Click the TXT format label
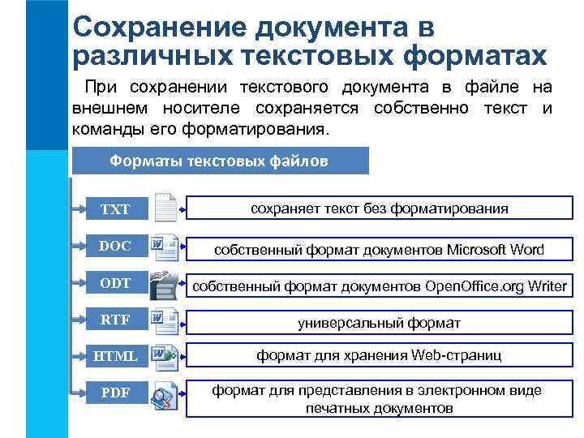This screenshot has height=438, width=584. click(x=115, y=209)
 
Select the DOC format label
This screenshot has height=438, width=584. click(x=115, y=246)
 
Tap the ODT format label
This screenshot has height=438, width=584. click(x=115, y=282)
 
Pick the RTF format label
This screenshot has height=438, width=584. click(x=115, y=319)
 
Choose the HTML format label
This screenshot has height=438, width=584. click(x=115, y=356)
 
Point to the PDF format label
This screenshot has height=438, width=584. click(x=115, y=393)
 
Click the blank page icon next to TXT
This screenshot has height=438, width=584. click(x=165, y=208)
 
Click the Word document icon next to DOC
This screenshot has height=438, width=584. click(x=165, y=246)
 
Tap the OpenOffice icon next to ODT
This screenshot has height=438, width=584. click(x=165, y=284)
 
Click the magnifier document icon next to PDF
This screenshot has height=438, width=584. click(x=165, y=395)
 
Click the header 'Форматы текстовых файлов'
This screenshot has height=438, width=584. click(x=219, y=161)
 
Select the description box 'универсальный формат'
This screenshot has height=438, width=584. click(x=379, y=323)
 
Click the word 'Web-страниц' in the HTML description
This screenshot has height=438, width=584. click(x=457, y=355)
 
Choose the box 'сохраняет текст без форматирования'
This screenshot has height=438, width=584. click(x=379, y=208)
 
